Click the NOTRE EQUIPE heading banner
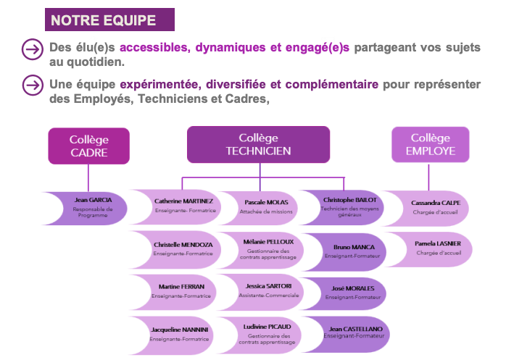pyautogui.click(x=109, y=20)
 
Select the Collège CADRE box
pyautogui.click(x=88, y=146)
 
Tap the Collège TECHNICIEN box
pyautogui.click(x=258, y=144)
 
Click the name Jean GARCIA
pyautogui.click(x=94, y=199)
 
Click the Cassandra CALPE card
pyautogui.click(x=435, y=206)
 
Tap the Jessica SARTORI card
pyautogui.click(x=265, y=290)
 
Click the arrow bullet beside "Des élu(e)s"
pyautogui.click(x=33, y=49)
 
